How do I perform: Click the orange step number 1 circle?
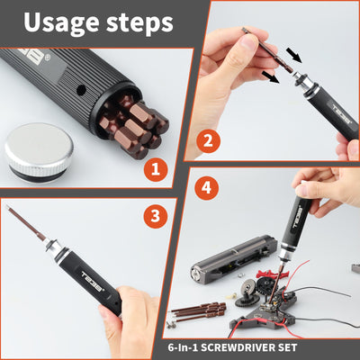(x=156, y=168)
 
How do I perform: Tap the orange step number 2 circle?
(x=209, y=141)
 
